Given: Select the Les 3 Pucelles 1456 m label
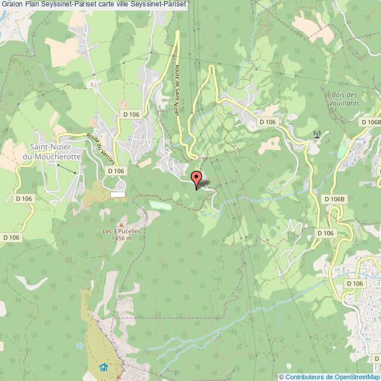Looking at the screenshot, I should click(121, 234).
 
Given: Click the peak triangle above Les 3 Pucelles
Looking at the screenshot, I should click(122, 223).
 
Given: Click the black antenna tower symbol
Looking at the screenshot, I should click(317, 134).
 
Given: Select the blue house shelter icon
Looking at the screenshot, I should click(104, 368).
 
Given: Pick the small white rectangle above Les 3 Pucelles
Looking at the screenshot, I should click(118, 194).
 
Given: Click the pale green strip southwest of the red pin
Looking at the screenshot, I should click(162, 205).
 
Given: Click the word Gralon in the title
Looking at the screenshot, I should click(12, 4).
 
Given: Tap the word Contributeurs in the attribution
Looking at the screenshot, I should click(304, 377).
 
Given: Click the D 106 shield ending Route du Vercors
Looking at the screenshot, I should click(116, 170).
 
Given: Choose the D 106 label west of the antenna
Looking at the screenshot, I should click(267, 121).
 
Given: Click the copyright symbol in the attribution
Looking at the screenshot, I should click(282, 377).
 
